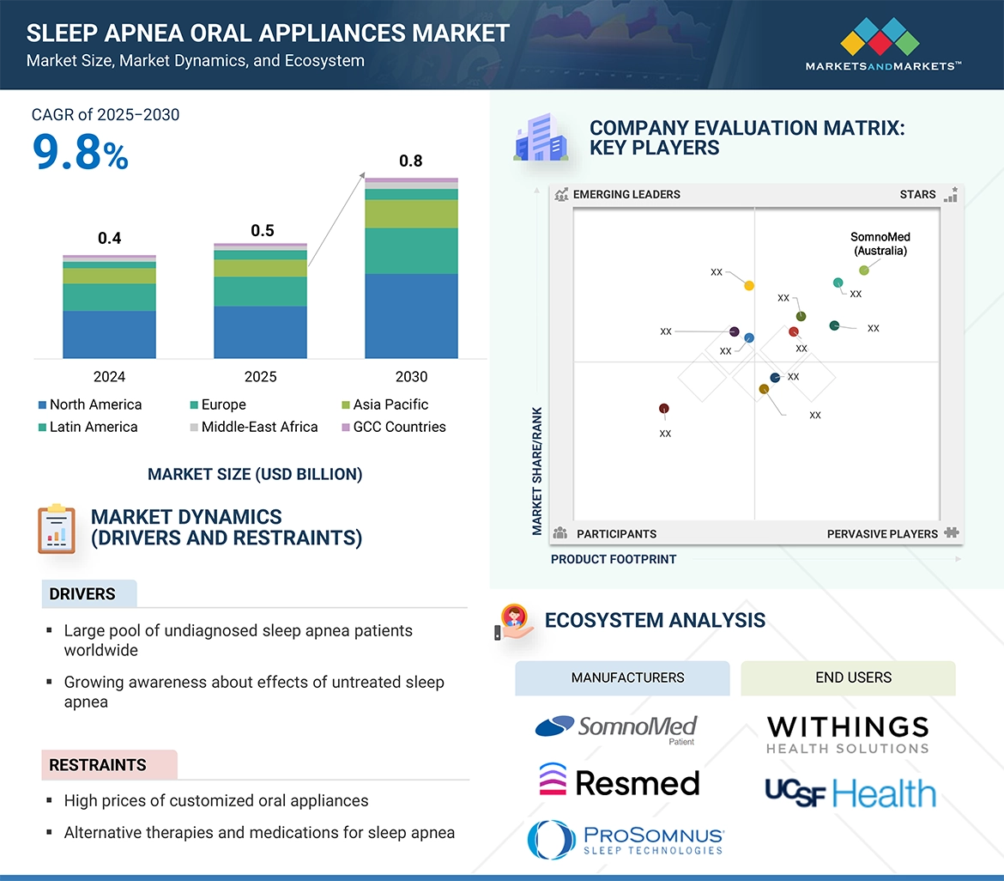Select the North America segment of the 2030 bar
[411, 315]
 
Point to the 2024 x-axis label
[109, 376]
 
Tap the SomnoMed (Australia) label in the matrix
[880, 244]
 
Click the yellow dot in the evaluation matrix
[749, 285]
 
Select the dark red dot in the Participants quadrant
[663, 409]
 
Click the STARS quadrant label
[917, 194]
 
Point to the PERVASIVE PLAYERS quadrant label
[882, 533]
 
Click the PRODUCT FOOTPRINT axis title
[614, 559]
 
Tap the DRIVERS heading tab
[82, 593]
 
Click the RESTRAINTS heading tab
[98, 764]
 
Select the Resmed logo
[619, 781]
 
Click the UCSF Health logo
[850, 792]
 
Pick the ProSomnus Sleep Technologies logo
[626, 839]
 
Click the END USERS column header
[853, 677]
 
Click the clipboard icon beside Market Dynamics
[57, 529]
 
